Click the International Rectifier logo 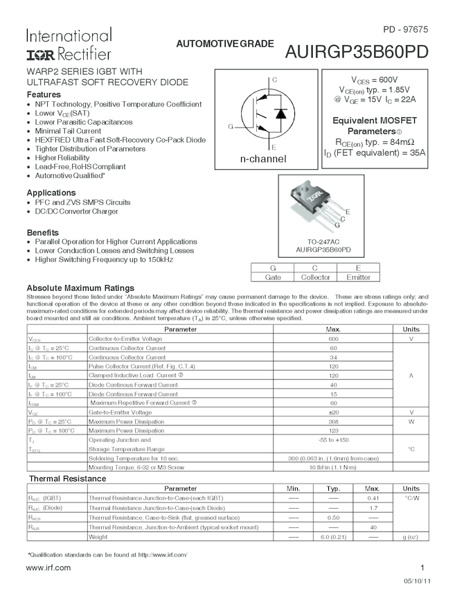69,44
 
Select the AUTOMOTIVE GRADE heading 225,44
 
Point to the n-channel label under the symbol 263,159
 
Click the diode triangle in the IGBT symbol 280,114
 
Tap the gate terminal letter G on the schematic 231,126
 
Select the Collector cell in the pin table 315,277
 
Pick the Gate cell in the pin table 273,277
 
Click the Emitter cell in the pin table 358,277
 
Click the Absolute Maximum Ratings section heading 80,288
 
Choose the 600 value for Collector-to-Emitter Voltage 333,339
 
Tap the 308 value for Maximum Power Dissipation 333,421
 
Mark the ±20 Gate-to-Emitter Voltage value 333,412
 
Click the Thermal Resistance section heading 66,479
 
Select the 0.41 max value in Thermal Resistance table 373,498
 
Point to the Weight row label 98,537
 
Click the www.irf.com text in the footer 48,568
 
